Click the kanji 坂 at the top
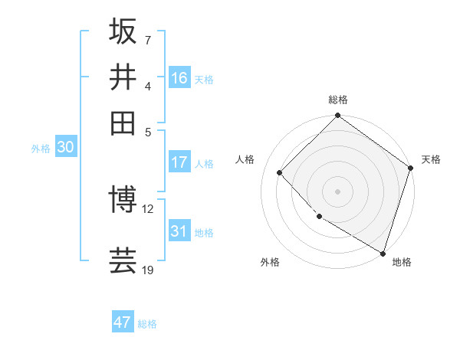click(123, 31)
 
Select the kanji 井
click(123, 77)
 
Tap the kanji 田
click(123, 123)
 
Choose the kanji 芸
click(123, 260)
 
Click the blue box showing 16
click(179, 78)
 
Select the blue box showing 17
click(179, 162)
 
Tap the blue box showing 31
click(179, 231)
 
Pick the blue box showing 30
click(65, 148)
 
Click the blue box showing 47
click(123, 322)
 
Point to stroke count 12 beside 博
click(148, 208)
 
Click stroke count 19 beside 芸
click(148, 270)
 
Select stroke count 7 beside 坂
click(147, 39)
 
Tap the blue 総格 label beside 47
click(147, 324)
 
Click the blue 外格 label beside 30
click(41, 149)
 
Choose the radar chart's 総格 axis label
click(338, 100)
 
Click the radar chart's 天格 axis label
click(431, 159)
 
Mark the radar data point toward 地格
click(383, 252)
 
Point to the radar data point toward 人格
click(280, 172)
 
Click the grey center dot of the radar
click(338, 191)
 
